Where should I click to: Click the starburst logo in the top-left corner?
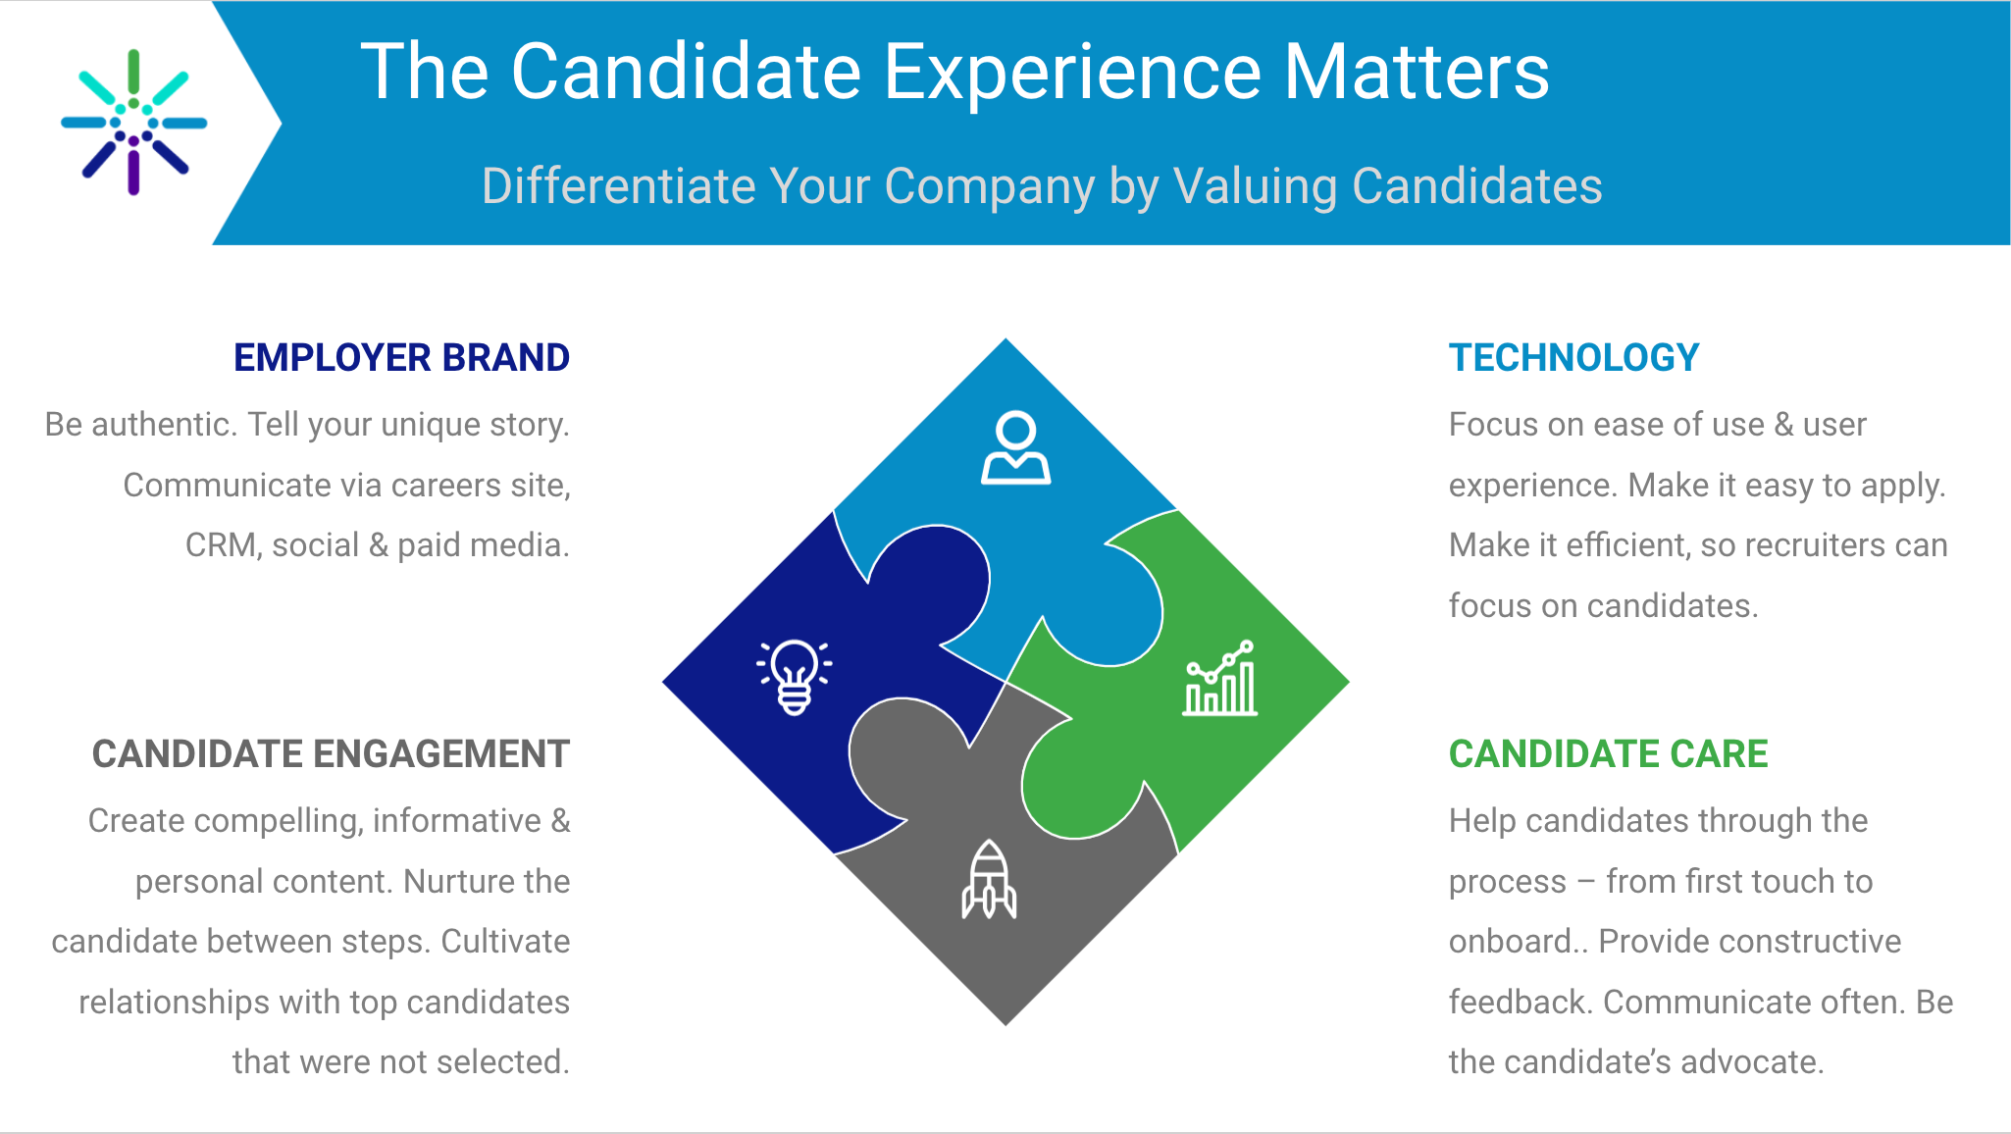coord(134,123)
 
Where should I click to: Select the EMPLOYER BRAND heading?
coord(401,358)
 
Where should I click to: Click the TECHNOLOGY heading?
coord(1573,358)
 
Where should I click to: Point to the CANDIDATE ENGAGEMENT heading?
coord(331,754)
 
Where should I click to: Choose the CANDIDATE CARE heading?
coord(1608,754)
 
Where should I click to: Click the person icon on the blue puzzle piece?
coord(1015,447)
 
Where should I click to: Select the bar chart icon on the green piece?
coord(1219,678)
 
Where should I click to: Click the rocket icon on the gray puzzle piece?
coord(989,879)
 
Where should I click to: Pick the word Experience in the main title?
coord(1073,74)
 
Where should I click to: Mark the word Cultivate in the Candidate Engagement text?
coord(505,942)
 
